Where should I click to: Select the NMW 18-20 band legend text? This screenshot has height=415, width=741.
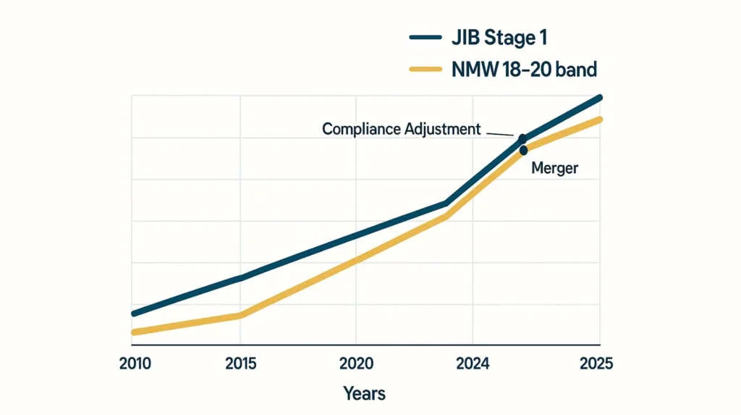point(524,70)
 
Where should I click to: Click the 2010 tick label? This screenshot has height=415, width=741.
point(135,364)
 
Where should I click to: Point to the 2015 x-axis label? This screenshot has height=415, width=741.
point(240,364)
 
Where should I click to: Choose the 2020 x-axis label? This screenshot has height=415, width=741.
point(355,364)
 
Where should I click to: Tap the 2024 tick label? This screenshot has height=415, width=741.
point(472,364)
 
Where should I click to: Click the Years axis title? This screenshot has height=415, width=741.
point(364,394)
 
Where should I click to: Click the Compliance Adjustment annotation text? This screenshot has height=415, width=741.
point(401,129)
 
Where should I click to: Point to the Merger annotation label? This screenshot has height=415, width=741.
point(555,168)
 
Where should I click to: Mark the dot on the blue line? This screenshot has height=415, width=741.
point(522,138)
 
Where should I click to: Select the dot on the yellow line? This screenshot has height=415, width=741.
point(523,151)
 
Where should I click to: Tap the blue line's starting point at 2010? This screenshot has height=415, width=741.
point(134,313)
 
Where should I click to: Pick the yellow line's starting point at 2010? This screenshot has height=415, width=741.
point(134,332)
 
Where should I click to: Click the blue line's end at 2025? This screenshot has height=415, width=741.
point(599,97)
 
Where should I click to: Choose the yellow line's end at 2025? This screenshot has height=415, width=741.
point(599,119)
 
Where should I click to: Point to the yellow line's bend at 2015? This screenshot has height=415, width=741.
point(240,315)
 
